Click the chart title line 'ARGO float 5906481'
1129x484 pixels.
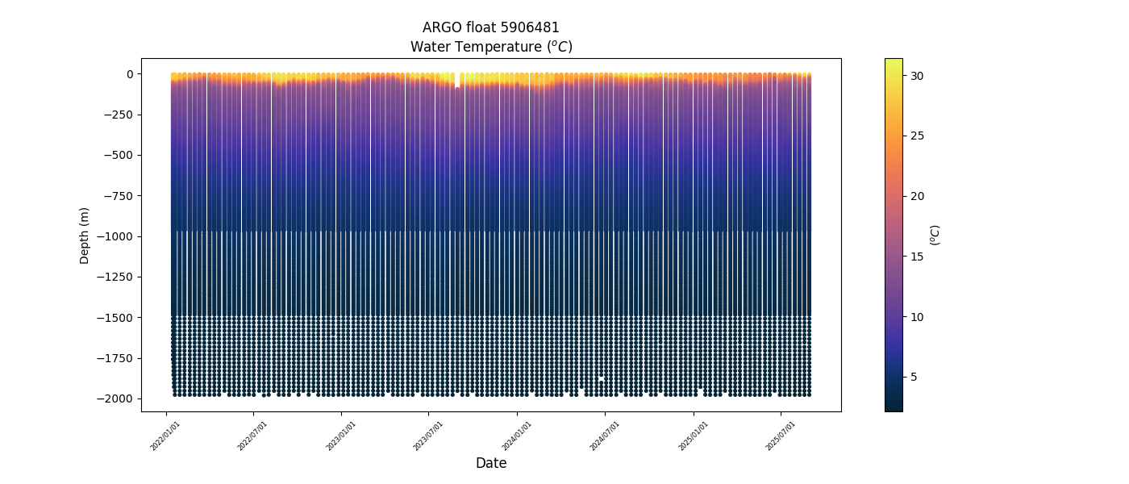point(491,27)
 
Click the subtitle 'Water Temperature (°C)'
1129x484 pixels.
point(491,47)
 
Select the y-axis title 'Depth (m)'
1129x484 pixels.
point(85,236)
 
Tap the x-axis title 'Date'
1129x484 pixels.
point(491,463)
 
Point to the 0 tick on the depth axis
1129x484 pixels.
point(129,74)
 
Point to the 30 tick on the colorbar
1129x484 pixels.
point(916,76)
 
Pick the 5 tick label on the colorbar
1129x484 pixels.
point(913,377)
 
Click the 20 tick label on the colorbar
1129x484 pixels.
point(916,196)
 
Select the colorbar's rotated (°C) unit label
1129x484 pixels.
point(935,235)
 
